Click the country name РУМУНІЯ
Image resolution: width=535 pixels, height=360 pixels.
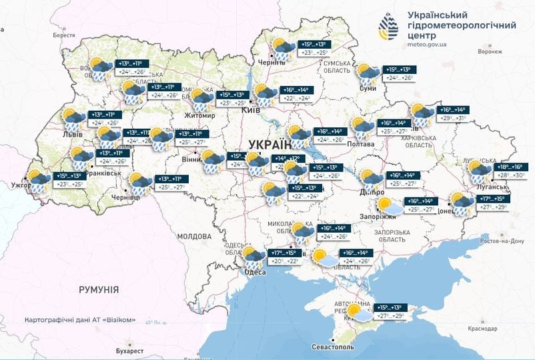pos(98,289)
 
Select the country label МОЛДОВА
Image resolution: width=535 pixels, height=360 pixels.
pos(194,237)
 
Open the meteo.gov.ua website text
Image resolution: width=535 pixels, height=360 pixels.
pos(427,45)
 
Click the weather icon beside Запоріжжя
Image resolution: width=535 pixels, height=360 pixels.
pos(390,205)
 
